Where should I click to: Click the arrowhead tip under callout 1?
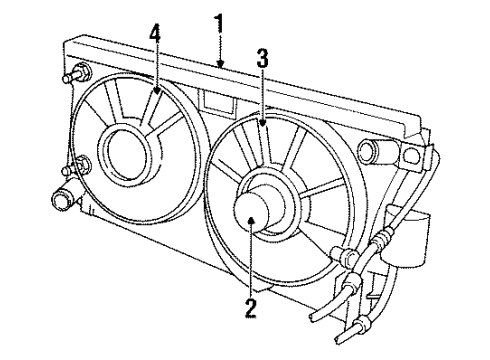tap(221, 66)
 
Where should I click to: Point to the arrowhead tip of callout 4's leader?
tap(157, 96)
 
